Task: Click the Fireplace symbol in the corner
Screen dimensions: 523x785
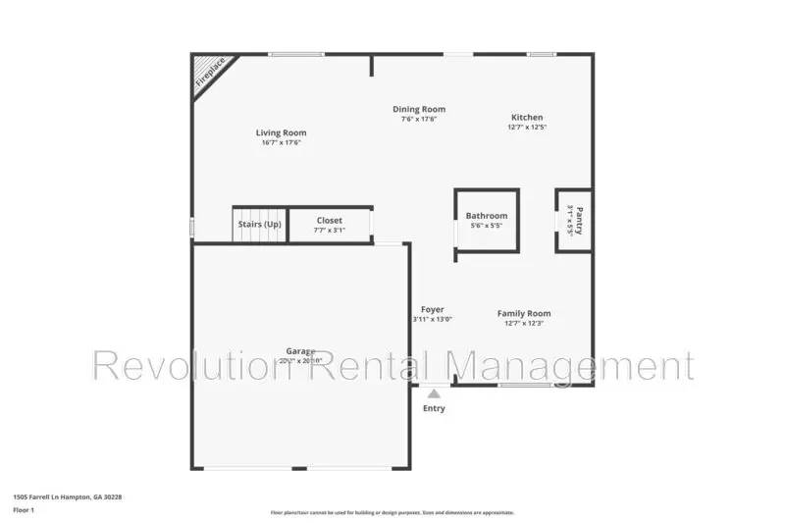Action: coord(208,73)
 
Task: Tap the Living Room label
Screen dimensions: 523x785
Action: coord(281,132)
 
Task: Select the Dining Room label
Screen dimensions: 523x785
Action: coord(419,109)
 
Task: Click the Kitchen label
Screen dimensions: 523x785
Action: coord(527,117)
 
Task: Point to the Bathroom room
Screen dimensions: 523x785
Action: coord(487,221)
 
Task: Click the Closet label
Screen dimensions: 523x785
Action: coord(330,221)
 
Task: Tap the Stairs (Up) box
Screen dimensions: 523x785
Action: coord(260,224)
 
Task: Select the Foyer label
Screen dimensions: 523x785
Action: coord(433,309)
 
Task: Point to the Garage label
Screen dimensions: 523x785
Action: coord(300,350)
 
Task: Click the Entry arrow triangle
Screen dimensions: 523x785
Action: coord(433,392)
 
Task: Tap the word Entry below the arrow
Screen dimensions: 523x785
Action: coord(433,408)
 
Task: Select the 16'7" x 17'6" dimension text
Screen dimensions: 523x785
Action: coord(281,143)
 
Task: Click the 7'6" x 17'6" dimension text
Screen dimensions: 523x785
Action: coord(419,120)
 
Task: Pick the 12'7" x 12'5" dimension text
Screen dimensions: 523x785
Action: coord(527,128)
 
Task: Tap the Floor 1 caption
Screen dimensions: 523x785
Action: coord(24,510)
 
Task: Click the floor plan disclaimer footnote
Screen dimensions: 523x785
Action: coord(392,511)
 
